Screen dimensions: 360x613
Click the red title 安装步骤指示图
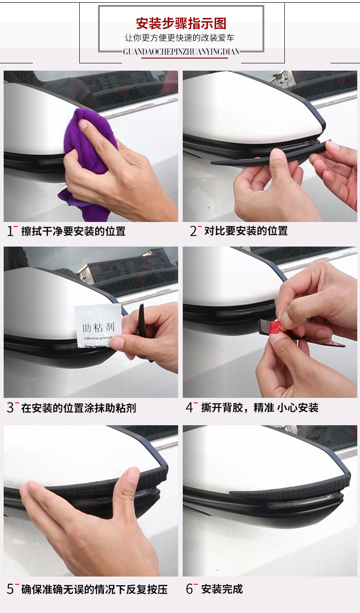(x=181, y=24)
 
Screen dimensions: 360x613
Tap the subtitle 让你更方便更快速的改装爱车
(x=180, y=38)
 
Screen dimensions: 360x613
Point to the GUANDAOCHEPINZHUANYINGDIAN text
(x=181, y=52)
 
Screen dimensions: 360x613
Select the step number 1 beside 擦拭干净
(x=10, y=231)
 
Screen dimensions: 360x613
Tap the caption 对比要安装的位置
(x=246, y=231)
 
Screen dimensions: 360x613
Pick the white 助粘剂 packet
(x=98, y=326)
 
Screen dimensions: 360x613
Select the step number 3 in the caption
(x=10, y=407)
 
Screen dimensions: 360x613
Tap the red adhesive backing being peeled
(x=275, y=327)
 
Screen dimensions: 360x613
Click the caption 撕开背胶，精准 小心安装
(x=260, y=407)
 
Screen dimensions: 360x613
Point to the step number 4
(x=189, y=407)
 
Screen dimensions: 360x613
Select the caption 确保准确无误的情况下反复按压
(x=94, y=589)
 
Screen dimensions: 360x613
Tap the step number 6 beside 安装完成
(x=189, y=589)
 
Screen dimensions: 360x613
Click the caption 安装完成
(x=222, y=589)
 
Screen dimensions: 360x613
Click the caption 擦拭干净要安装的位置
(x=73, y=231)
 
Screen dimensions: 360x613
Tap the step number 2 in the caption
(x=193, y=231)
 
